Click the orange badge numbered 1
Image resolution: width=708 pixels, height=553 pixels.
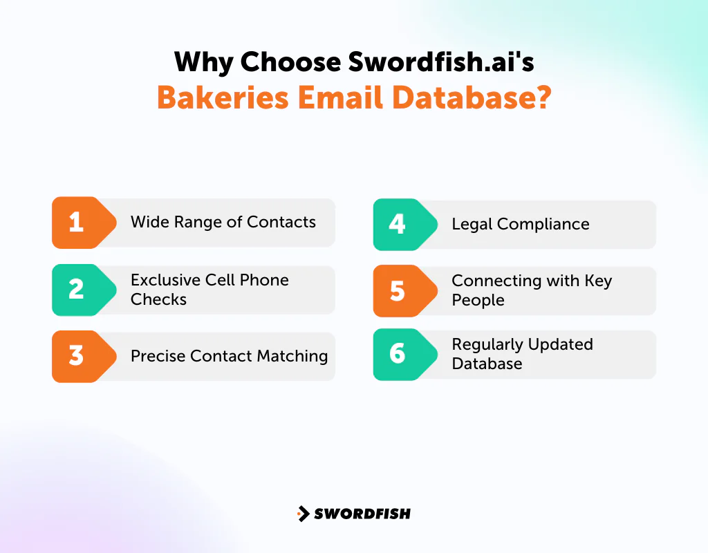point(77,223)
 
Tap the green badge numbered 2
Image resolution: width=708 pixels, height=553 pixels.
point(77,290)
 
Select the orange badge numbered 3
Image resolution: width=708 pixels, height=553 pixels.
point(77,356)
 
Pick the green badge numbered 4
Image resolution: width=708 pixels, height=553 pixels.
point(398,224)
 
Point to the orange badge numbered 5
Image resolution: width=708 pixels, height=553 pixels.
point(398,291)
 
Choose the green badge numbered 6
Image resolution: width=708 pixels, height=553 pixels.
point(398,354)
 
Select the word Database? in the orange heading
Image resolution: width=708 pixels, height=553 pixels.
point(472,97)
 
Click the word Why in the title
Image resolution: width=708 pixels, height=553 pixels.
point(203,62)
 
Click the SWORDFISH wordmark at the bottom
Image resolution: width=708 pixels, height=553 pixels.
point(362,514)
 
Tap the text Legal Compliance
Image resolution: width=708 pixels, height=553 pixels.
point(520,224)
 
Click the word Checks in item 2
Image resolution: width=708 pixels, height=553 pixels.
point(158,299)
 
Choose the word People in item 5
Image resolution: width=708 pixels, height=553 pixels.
point(478,301)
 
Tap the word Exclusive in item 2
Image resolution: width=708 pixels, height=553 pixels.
point(165,280)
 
